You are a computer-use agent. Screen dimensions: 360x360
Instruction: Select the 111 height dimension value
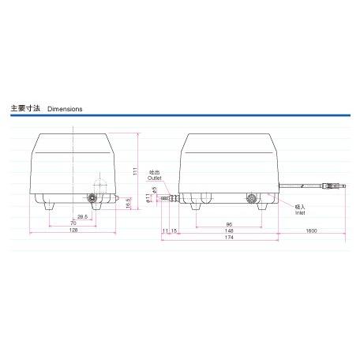(x=137, y=171)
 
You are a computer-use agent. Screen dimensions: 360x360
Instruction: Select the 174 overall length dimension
(x=228, y=237)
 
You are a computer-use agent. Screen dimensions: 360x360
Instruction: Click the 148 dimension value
(x=229, y=231)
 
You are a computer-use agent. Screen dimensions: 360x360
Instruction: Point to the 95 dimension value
(x=227, y=223)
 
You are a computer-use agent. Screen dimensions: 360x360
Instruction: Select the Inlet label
(x=300, y=212)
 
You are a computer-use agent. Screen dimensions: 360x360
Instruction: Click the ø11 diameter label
(x=148, y=199)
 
